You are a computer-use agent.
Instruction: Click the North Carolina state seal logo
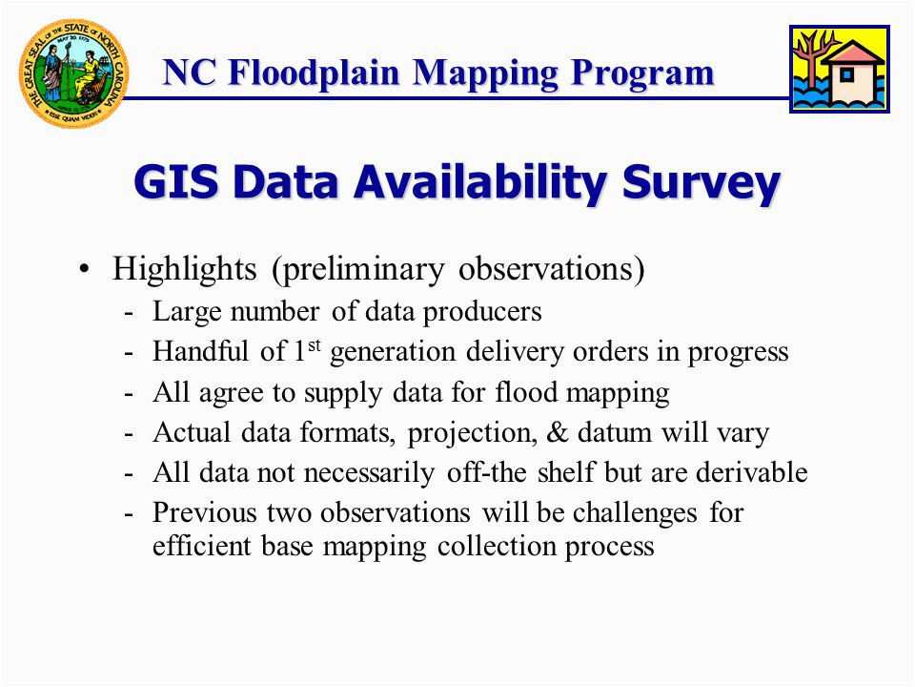(74, 73)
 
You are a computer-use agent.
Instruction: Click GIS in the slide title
(176, 181)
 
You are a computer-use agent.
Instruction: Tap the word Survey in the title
(701, 183)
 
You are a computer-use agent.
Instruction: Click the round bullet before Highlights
(85, 269)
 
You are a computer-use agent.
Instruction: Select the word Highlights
(184, 269)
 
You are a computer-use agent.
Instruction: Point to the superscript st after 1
(314, 344)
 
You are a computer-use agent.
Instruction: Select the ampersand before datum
(558, 433)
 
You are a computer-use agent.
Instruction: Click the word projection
(472, 434)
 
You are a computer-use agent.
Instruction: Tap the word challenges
(635, 513)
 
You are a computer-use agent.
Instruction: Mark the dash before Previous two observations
(129, 514)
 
